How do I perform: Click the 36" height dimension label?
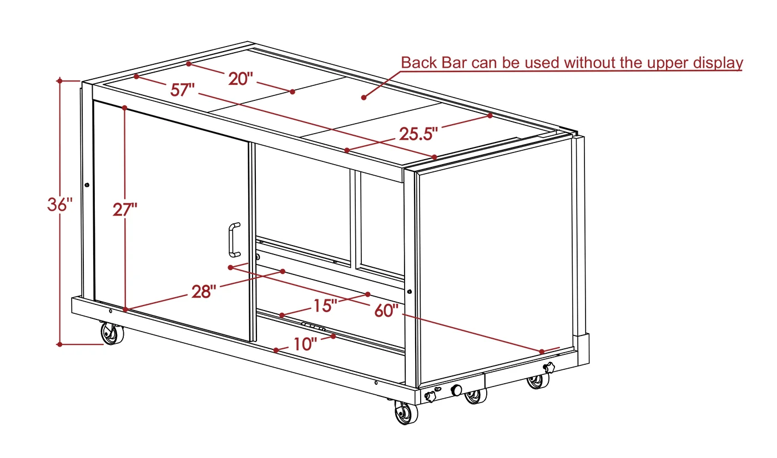(x=60, y=205)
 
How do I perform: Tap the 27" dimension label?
(x=125, y=210)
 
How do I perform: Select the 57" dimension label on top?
(x=183, y=90)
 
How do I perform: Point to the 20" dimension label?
(x=241, y=79)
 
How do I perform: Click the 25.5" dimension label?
(x=418, y=134)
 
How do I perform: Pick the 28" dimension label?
(x=204, y=292)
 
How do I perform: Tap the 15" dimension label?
(x=325, y=306)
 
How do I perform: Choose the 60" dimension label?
(x=386, y=311)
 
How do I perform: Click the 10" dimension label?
(x=305, y=344)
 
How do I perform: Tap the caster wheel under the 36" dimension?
(x=112, y=334)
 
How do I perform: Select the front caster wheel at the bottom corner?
(x=406, y=413)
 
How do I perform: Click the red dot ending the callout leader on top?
(x=364, y=98)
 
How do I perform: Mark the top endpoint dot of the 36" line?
(x=60, y=81)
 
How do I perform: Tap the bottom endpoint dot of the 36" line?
(x=60, y=344)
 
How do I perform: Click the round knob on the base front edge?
(x=456, y=390)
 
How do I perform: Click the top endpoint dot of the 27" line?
(x=124, y=108)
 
